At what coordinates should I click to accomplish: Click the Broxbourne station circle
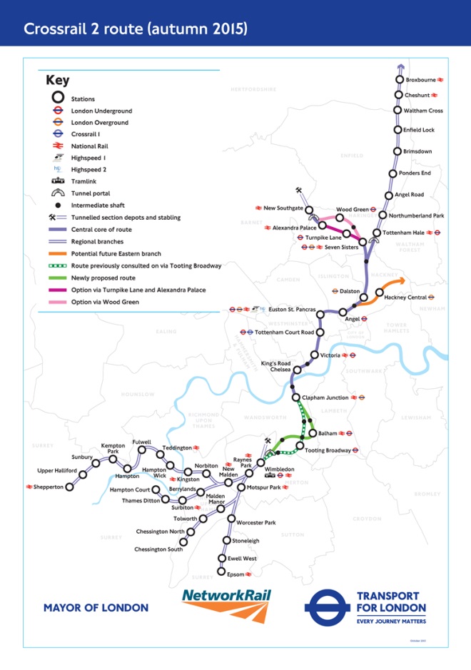[400, 80]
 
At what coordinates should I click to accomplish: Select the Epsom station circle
[221, 573]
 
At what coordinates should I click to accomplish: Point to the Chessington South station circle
[183, 542]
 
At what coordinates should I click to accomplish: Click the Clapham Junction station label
[326, 397]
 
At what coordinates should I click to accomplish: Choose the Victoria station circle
[315, 355]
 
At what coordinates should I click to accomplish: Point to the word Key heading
[58, 81]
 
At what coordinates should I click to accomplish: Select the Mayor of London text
[96, 608]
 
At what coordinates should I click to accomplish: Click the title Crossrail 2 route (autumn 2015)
[136, 29]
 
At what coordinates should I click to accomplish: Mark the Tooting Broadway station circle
[300, 449]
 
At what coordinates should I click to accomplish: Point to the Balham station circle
[312, 433]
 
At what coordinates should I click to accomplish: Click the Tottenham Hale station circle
[377, 233]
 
